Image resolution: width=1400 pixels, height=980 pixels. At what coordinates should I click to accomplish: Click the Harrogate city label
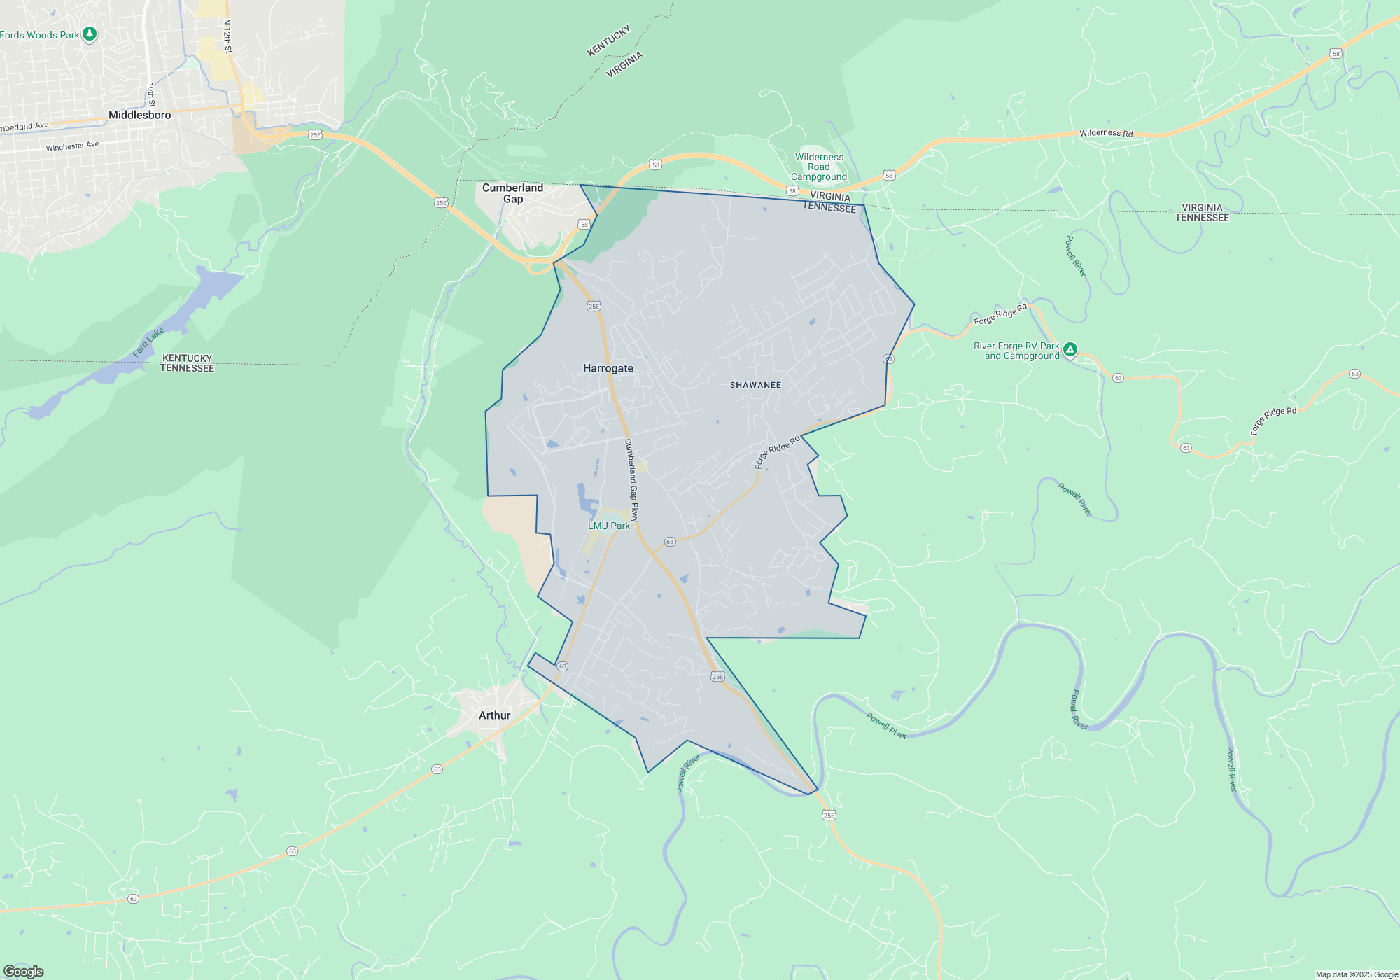[608, 368]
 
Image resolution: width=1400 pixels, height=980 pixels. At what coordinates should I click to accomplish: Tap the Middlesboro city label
[139, 115]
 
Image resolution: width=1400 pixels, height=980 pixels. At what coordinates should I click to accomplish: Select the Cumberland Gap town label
[512, 193]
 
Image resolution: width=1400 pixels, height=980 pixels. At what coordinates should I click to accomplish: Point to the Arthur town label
[494, 715]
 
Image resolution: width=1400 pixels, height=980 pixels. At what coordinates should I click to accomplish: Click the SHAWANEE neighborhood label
[755, 385]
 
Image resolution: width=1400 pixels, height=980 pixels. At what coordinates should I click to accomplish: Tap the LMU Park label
[609, 526]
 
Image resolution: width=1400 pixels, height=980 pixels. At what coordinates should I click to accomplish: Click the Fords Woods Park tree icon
[89, 34]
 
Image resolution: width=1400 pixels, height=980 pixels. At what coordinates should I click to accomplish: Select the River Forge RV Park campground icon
[1070, 349]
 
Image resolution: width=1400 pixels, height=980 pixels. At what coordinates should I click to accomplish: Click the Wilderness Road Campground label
[819, 167]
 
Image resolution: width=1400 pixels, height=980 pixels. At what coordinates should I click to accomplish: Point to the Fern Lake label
[148, 342]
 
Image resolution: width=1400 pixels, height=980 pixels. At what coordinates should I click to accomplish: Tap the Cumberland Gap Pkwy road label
[631, 480]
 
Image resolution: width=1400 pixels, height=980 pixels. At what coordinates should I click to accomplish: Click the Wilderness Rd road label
[1106, 133]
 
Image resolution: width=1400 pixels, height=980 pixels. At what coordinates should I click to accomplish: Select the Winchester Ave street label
[73, 146]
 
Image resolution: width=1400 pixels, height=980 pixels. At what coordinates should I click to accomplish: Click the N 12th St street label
[227, 36]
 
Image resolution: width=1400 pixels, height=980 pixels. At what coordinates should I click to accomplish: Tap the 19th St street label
[150, 95]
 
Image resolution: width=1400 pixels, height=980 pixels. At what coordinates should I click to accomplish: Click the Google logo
[24, 972]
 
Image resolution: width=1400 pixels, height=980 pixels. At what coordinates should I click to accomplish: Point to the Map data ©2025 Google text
[1357, 974]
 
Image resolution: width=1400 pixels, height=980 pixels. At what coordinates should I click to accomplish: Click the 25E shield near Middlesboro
[315, 135]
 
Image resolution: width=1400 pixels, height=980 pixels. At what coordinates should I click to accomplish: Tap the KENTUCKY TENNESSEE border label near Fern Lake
[187, 363]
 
